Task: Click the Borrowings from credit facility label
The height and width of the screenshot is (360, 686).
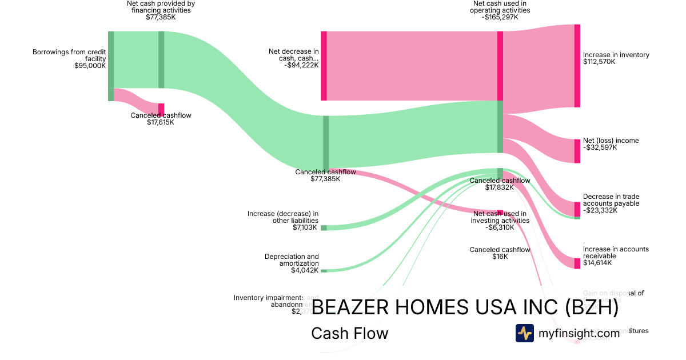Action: click(x=69, y=55)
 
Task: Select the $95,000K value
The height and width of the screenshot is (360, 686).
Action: click(x=90, y=66)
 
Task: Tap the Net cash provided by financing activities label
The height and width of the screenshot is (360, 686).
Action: click(x=161, y=7)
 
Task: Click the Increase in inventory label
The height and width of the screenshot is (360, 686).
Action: click(x=616, y=55)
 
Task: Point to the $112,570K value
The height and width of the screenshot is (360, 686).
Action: click(x=599, y=62)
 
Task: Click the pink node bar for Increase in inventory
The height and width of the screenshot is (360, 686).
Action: click(x=577, y=66)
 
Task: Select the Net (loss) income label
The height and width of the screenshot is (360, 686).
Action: click(x=611, y=141)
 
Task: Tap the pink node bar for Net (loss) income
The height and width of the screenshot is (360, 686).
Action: click(x=577, y=151)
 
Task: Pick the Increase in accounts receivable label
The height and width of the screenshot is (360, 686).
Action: click(x=616, y=253)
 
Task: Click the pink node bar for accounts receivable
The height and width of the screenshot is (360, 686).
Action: click(x=577, y=263)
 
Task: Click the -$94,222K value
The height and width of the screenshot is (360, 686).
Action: click(x=301, y=65)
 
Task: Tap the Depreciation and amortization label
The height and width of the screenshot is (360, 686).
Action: click(x=292, y=260)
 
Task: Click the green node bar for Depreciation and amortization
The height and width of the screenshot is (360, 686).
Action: click(x=324, y=270)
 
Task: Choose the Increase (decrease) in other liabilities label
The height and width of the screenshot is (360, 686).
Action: click(x=283, y=217)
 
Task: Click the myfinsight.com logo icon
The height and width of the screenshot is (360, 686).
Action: click(x=524, y=333)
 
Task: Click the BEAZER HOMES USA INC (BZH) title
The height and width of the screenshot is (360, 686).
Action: click(x=465, y=307)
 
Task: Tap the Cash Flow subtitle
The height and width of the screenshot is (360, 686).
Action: click(x=349, y=333)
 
